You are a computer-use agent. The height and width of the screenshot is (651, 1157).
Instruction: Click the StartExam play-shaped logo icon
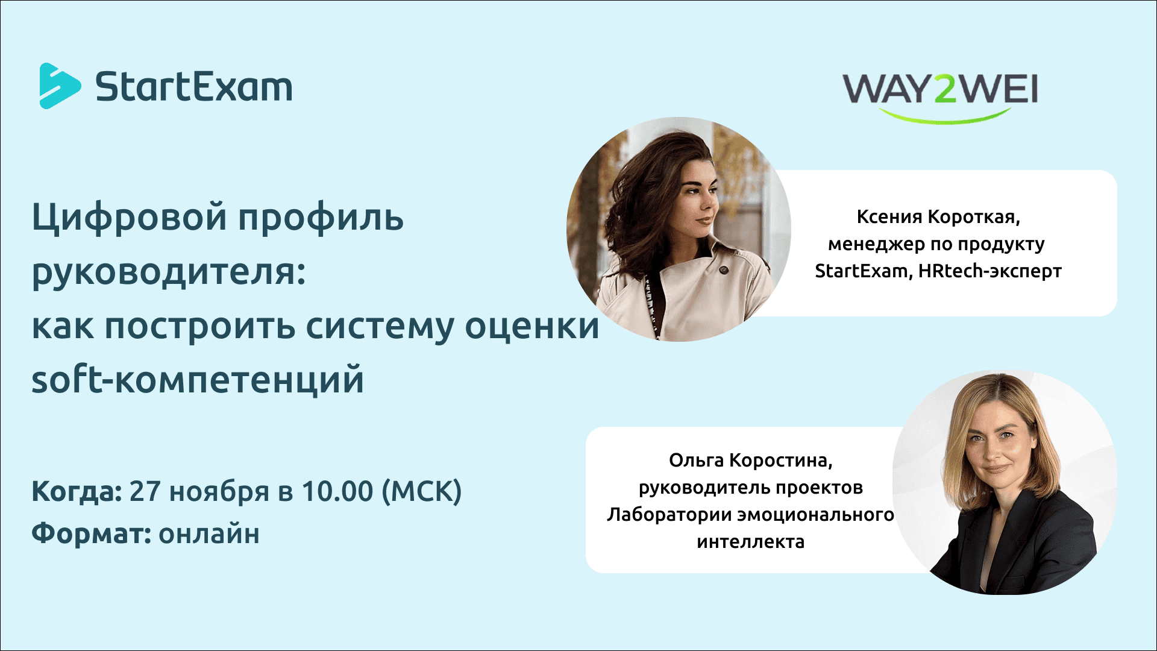pos(59,86)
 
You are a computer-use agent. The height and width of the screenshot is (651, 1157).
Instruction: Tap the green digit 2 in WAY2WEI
pos(944,90)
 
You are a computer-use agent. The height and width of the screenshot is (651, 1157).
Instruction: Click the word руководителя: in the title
pos(169,272)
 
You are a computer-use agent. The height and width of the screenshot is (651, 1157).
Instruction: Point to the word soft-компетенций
pos(198,380)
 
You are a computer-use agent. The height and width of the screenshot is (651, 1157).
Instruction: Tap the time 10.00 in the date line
pos(337,491)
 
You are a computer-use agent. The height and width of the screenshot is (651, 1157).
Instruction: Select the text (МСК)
pos(422,491)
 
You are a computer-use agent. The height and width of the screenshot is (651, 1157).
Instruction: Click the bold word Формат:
pos(91,534)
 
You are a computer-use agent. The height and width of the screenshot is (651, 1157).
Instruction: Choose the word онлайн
pos(209,534)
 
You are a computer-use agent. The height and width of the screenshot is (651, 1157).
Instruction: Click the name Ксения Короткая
pos(938,217)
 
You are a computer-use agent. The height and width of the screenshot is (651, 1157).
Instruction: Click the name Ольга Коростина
pos(750,461)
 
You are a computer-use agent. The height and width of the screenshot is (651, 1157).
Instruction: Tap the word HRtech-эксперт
pos(989,271)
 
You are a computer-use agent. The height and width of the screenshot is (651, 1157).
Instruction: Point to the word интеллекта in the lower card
pos(750,542)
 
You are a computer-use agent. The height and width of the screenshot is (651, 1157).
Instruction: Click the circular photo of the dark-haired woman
pos(679,229)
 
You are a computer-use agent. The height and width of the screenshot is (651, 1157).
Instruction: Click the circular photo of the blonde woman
pos(1005,482)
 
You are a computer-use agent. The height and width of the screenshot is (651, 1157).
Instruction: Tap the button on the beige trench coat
pos(724,269)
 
